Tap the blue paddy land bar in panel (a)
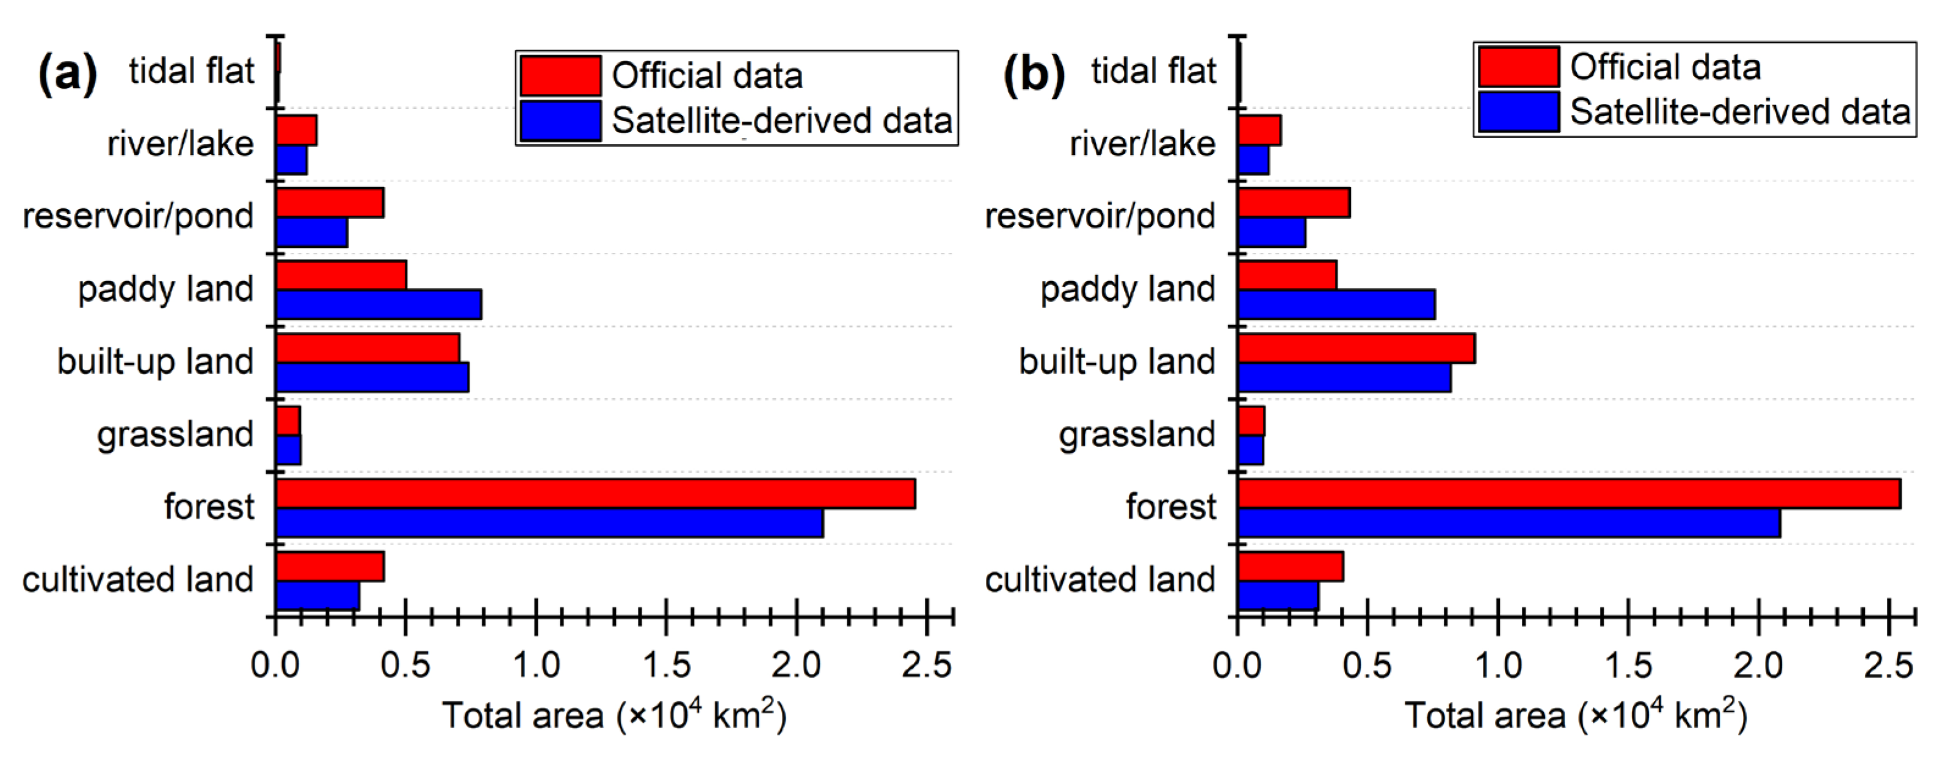coord(378,304)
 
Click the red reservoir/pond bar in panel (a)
coord(329,202)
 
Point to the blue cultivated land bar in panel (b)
coord(1278,595)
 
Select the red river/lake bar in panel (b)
coord(1259,130)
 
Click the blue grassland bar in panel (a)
coord(288,450)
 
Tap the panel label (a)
coord(67,74)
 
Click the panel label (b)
coord(1032,74)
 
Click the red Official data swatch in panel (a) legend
coord(560,76)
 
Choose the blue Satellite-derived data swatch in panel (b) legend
coord(1518,112)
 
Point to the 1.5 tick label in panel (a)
coord(666,665)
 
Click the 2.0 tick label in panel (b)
coord(1758,665)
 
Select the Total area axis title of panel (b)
coord(1575,715)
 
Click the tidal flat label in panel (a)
coord(191,71)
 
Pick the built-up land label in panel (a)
coord(155,361)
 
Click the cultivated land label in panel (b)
coord(1099,579)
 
